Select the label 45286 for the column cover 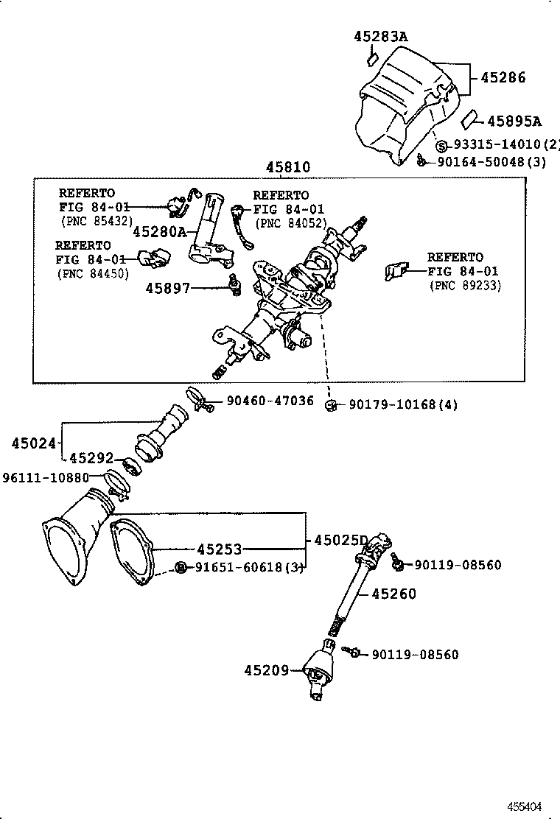pyautogui.click(x=503, y=77)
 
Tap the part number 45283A pyautogui.click(x=380, y=35)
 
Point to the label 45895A pyautogui.click(x=514, y=122)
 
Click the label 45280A pyautogui.click(x=160, y=231)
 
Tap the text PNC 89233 pyautogui.click(x=465, y=286)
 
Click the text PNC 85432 pyautogui.click(x=95, y=220)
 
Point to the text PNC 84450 pyautogui.click(x=93, y=273)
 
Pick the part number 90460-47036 pyautogui.click(x=270, y=401)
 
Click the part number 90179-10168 pyautogui.click(x=394, y=404)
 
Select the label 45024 pyautogui.click(x=34, y=443)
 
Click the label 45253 pyautogui.click(x=219, y=549)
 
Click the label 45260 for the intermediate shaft pyautogui.click(x=393, y=594)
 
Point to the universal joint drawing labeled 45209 pyautogui.click(x=319, y=672)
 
